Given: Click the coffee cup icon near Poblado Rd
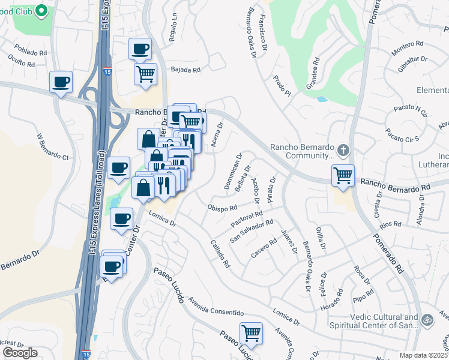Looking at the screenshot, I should pyautogui.click(x=61, y=82).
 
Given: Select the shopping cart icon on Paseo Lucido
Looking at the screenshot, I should pyautogui.click(x=251, y=333).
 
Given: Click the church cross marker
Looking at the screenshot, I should pyautogui.click(x=343, y=149).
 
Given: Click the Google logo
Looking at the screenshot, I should pyautogui.click(x=20, y=353).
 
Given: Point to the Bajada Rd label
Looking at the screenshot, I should pyautogui.click(x=185, y=70).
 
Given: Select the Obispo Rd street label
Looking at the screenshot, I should pyautogui.click(x=223, y=208).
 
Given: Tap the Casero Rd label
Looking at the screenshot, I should pyautogui.click(x=264, y=250).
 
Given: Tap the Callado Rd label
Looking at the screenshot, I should pyautogui.click(x=220, y=253).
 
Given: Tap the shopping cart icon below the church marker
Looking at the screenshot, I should pyautogui.click(x=343, y=176).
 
